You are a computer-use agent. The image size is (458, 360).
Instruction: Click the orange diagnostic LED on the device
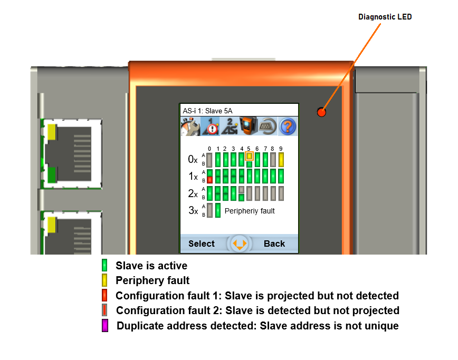[x=321, y=112]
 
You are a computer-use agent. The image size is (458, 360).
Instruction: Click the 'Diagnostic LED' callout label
[x=385, y=17]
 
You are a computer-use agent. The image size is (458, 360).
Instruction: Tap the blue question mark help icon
[x=288, y=127]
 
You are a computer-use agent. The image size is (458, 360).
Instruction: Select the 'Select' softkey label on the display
[x=202, y=244]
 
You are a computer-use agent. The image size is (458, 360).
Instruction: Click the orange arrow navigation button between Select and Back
[x=240, y=244]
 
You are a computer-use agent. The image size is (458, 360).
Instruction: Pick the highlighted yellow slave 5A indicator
[x=250, y=155]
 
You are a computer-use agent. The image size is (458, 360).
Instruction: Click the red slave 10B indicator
[x=209, y=180]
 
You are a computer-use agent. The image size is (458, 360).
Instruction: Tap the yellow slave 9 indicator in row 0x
[x=281, y=159]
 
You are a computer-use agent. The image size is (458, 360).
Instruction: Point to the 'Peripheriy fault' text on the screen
[x=250, y=211]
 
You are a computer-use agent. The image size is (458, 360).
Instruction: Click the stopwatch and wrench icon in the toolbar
[x=190, y=127]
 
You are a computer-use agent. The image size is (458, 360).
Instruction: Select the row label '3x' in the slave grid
[x=193, y=211]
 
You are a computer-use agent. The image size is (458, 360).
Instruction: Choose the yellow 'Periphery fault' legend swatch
[x=105, y=280]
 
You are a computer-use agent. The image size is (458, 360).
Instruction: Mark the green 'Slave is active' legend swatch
[x=105, y=265]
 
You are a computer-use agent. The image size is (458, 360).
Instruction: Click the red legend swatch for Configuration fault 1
[x=105, y=296]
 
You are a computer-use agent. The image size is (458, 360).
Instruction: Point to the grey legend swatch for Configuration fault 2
[x=105, y=311]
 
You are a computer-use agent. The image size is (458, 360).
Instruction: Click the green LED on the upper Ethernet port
[x=52, y=174]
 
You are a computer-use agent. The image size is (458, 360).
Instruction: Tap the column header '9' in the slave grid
[x=281, y=149]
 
